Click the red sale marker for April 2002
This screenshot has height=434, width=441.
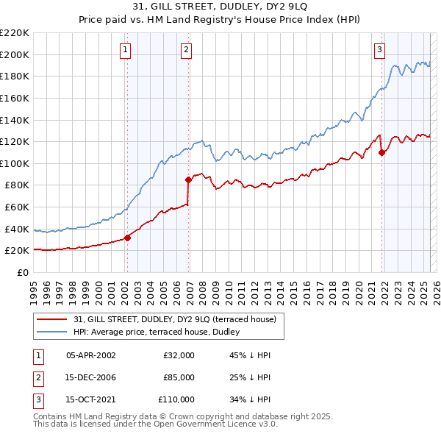click(x=127, y=238)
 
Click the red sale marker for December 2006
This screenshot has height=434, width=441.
click(x=188, y=179)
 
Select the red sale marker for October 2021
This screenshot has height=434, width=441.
click(x=381, y=153)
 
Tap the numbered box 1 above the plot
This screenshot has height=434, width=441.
click(x=126, y=50)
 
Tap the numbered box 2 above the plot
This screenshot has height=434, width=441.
click(x=187, y=50)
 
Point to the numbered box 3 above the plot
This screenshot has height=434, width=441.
click(x=380, y=50)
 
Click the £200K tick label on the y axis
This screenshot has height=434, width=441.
click(x=15, y=54)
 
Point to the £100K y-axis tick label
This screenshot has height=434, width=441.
click(x=15, y=163)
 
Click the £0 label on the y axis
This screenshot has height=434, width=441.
click(x=22, y=272)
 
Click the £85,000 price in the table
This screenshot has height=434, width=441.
click(x=179, y=377)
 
